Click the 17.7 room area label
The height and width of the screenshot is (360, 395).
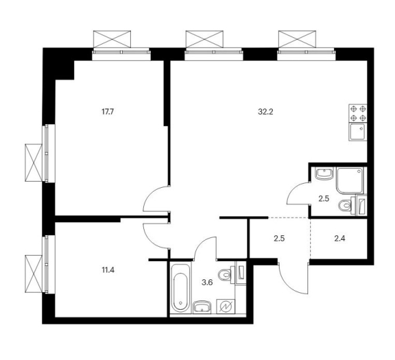108,112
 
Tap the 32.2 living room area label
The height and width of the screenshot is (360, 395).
265,112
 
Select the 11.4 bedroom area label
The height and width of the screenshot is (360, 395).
108,271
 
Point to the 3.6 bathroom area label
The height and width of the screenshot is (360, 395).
207,283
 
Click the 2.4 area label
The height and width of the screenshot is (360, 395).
339,238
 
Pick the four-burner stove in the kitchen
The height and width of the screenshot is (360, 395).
358,113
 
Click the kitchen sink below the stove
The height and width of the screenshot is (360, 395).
358,132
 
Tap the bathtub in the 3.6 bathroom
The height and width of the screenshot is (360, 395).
180,287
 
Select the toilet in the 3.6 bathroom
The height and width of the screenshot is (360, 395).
226,274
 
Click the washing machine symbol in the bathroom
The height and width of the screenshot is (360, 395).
225,306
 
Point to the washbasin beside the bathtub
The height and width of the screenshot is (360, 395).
202,307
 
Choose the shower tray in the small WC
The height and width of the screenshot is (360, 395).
350,181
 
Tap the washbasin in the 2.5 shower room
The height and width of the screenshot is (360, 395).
324,174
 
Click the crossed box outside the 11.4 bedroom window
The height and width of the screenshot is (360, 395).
33,274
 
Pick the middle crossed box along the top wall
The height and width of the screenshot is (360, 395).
204,39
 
